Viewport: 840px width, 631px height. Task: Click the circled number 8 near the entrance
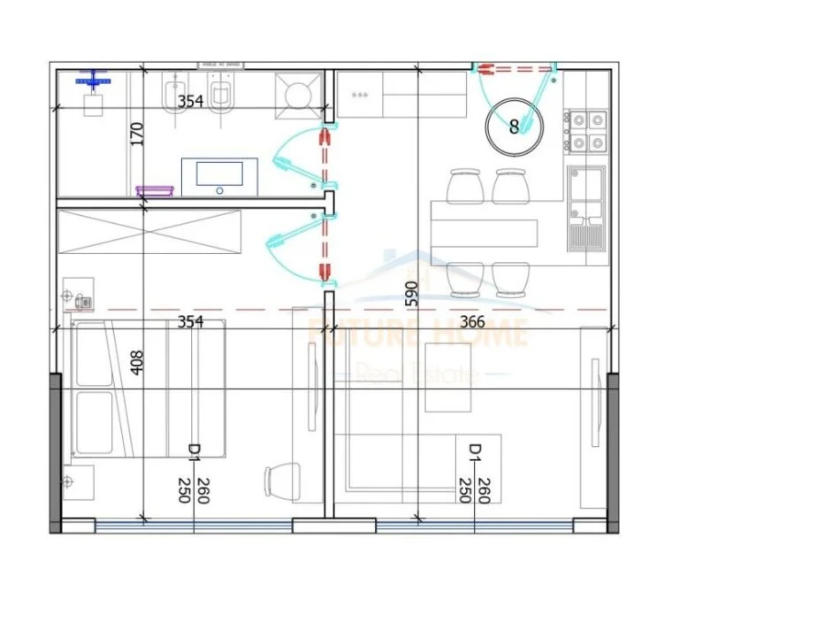tap(514, 126)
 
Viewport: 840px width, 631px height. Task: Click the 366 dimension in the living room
tap(473, 322)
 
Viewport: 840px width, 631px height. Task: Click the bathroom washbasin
tap(219, 176)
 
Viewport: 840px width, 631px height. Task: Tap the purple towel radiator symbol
tap(155, 190)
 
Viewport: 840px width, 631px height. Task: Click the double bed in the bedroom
tap(149, 389)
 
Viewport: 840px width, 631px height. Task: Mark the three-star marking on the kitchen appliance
tap(360, 94)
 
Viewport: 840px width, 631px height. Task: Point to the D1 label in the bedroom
tap(194, 452)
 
